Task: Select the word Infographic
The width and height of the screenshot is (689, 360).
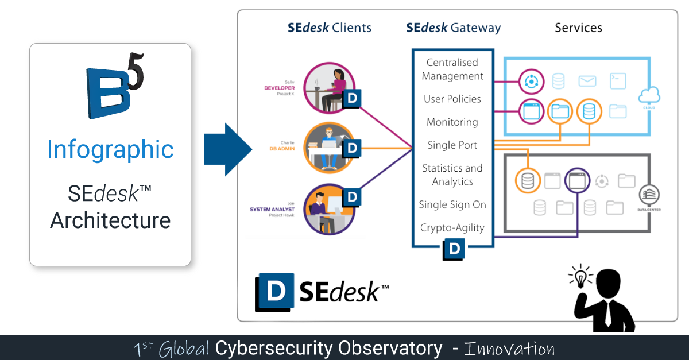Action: click(110, 149)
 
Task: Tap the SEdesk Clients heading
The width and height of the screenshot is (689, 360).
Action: click(330, 28)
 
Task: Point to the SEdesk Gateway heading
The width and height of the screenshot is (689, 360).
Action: click(453, 28)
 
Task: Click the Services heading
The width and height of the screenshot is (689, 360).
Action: click(578, 28)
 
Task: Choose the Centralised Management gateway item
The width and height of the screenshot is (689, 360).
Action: click(452, 69)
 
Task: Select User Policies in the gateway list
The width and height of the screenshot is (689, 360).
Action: click(452, 99)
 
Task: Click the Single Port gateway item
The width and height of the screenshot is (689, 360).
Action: click(452, 145)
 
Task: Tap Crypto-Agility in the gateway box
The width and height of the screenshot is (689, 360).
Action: click(452, 227)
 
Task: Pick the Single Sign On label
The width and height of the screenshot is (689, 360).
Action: click(452, 204)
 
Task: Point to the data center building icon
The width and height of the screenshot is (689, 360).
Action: click(649, 195)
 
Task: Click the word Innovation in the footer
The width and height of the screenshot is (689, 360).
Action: click(509, 349)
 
